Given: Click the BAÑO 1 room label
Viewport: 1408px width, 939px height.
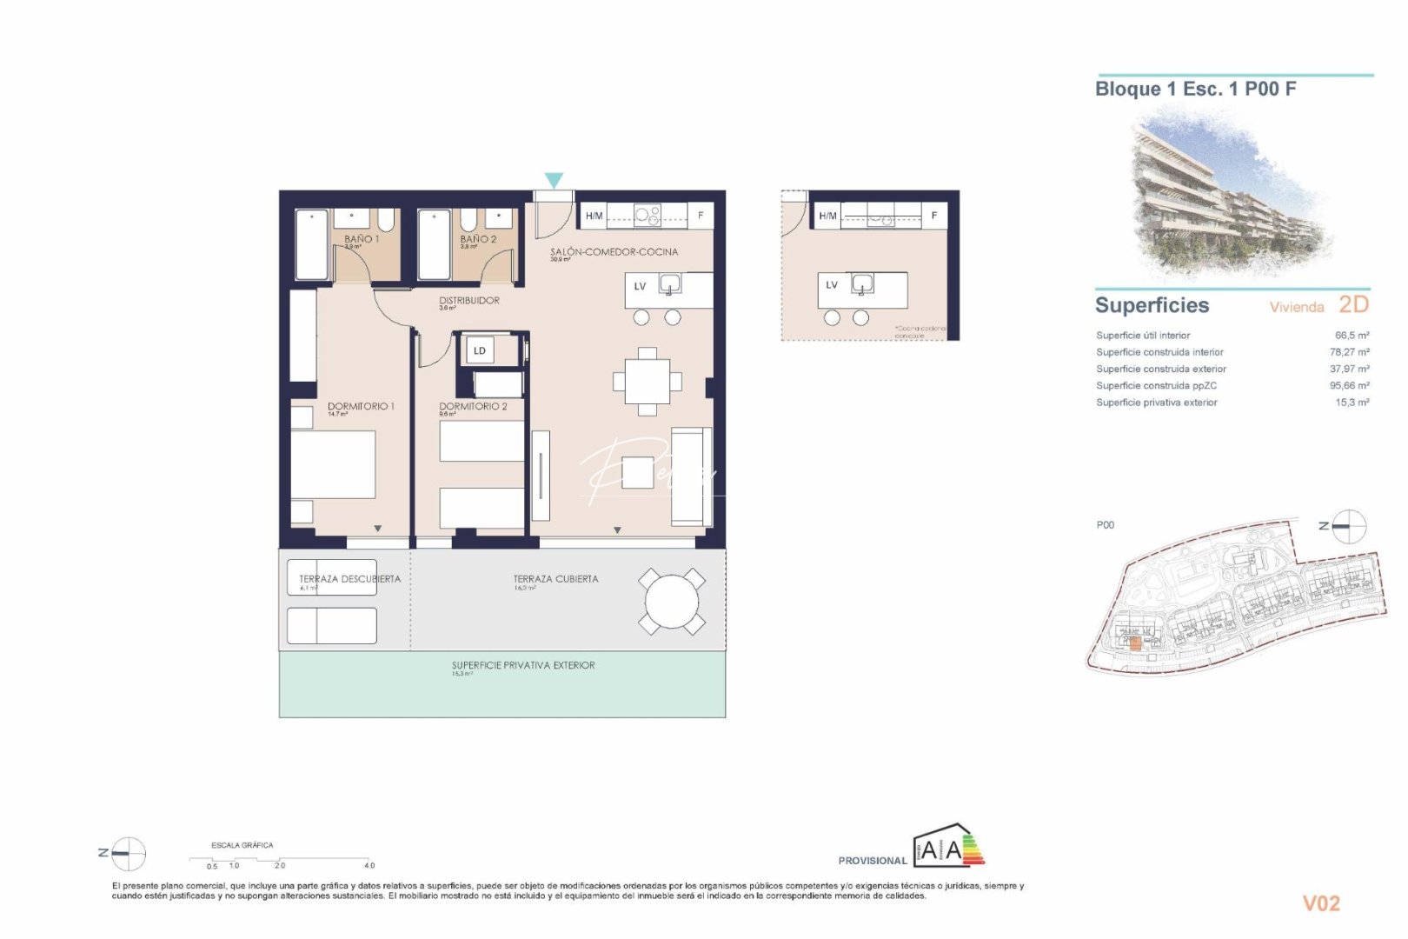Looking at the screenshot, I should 361,238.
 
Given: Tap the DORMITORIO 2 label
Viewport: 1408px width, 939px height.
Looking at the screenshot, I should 473,406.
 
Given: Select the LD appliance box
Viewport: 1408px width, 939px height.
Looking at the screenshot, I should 480,350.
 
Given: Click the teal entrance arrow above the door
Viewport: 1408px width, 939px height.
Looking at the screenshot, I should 554,180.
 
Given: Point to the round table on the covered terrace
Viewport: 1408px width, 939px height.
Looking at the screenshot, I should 671,601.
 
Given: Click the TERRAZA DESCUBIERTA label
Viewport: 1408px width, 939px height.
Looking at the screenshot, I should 349,578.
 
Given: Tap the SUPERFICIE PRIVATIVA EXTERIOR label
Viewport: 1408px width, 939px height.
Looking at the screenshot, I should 523,665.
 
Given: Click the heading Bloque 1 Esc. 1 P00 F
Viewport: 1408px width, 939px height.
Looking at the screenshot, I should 1195,89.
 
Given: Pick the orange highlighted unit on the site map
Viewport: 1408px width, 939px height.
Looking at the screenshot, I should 1134,643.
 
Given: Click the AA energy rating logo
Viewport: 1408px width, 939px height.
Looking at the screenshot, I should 948,848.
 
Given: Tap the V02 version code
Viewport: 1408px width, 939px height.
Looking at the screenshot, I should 1320,903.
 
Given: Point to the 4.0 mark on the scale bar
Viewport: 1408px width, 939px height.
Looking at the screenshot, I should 369,865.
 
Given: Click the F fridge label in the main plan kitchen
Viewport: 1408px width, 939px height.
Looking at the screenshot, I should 701,215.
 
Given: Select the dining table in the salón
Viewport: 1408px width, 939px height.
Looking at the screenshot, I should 648,381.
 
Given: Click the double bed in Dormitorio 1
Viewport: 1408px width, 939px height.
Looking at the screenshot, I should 333,464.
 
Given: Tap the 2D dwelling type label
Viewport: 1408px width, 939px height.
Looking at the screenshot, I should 1353,304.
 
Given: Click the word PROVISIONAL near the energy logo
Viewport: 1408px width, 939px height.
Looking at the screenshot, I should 872,861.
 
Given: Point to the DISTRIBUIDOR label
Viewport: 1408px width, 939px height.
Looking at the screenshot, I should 469,300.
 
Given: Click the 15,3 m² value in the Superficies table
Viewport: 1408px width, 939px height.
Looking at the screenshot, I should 1352,403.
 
